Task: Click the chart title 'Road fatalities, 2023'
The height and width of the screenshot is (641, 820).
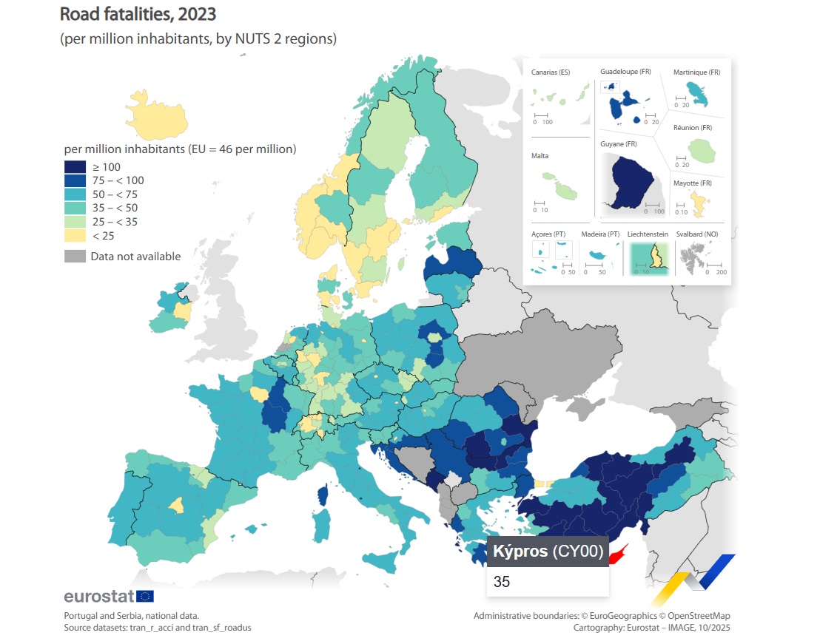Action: (138, 13)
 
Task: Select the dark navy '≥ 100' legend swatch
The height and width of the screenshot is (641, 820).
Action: (75, 167)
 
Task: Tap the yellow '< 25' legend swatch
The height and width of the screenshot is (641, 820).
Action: (75, 235)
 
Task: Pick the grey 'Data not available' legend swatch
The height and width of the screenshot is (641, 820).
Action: (75, 257)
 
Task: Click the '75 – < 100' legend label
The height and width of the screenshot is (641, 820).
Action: (117, 180)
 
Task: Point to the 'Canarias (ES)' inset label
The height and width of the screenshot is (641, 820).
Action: (551, 72)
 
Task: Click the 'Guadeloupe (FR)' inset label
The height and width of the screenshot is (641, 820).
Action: (625, 72)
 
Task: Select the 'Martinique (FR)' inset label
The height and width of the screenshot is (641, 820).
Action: (696, 72)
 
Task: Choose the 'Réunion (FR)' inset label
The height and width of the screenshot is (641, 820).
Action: (692, 128)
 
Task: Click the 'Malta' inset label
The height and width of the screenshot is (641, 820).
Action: (540, 156)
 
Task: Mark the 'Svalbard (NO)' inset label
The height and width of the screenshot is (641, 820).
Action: (696, 234)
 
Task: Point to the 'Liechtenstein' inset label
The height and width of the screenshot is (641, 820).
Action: (648, 234)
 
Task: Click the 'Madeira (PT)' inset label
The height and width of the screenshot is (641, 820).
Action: (600, 234)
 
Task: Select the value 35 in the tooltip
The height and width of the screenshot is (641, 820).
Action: (502, 582)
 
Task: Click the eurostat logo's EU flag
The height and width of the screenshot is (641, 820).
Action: (145, 596)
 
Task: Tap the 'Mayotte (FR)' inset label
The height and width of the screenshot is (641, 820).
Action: (692, 183)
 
